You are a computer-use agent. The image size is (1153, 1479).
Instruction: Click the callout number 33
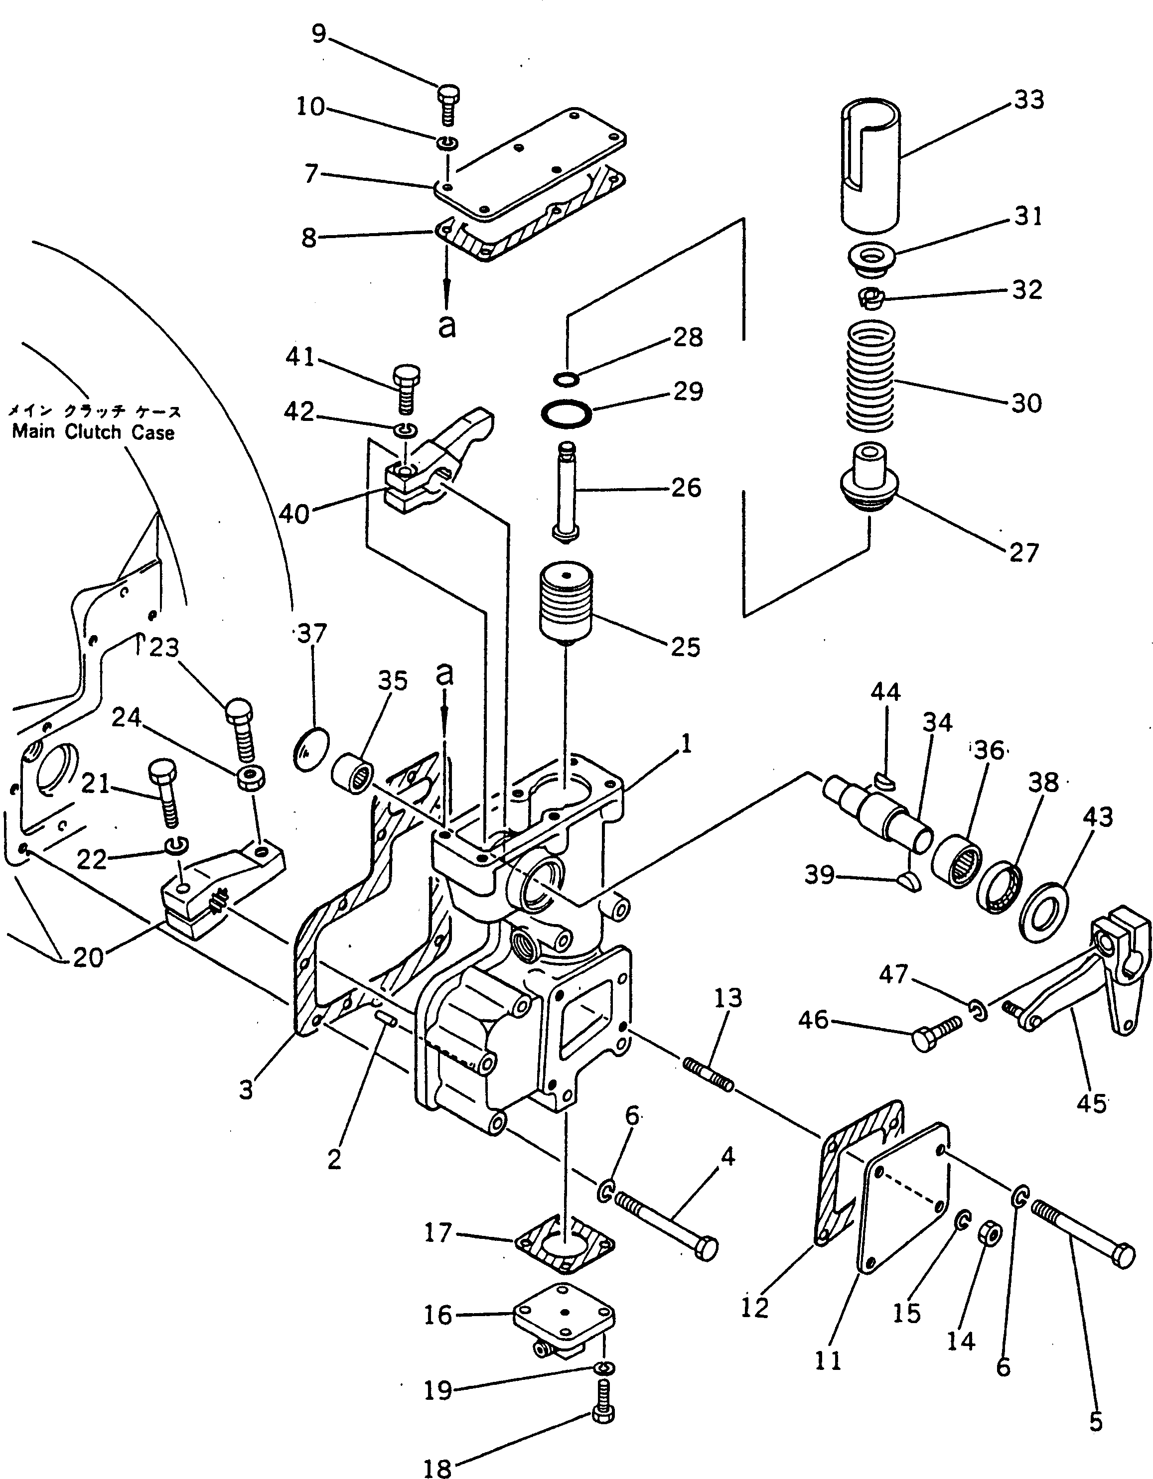coord(1028,100)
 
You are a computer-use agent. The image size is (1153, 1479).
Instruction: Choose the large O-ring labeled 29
coord(566,412)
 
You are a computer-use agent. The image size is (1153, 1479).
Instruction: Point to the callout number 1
coord(686,745)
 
